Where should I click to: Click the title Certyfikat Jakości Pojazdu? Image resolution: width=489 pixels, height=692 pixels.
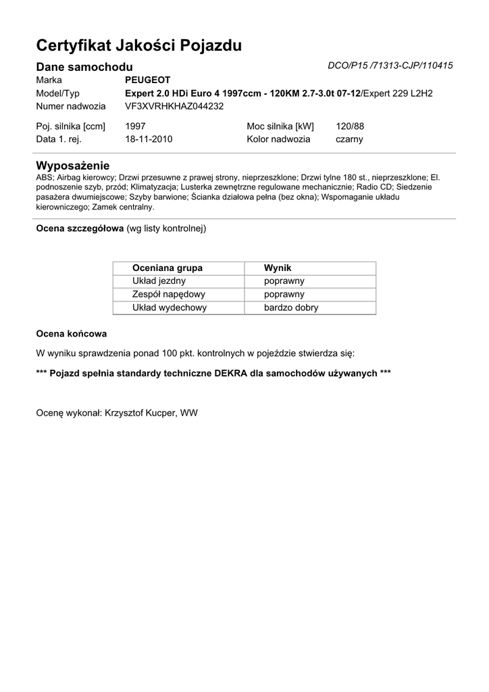[138, 46]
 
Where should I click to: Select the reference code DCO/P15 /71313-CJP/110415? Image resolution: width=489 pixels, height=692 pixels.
[390, 66]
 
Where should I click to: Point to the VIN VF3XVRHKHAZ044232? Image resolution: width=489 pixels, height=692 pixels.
[174, 106]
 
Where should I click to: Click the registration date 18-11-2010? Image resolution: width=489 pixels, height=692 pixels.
[149, 139]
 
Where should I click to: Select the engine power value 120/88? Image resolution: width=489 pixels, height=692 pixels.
[350, 126]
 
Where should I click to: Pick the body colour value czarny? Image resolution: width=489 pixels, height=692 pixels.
[349, 139]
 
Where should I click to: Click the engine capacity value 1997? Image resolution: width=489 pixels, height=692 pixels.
[135, 126]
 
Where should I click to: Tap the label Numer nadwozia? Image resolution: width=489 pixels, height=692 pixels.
[70, 106]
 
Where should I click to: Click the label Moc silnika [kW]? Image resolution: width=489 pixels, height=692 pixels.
[280, 126]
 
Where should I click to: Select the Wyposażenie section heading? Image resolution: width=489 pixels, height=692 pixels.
[72, 166]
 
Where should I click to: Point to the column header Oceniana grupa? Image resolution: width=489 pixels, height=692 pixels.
[168, 268]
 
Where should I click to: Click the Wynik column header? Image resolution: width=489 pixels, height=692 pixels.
[278, 268]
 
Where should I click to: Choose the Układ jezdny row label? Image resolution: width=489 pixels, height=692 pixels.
[159, 281]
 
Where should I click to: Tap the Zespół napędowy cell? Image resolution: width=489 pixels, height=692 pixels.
[169, 295]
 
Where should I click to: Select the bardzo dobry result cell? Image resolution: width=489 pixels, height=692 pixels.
[291, 307]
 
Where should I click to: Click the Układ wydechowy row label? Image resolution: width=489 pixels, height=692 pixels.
[170, 307]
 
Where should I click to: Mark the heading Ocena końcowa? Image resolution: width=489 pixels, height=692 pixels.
[71, 334]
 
